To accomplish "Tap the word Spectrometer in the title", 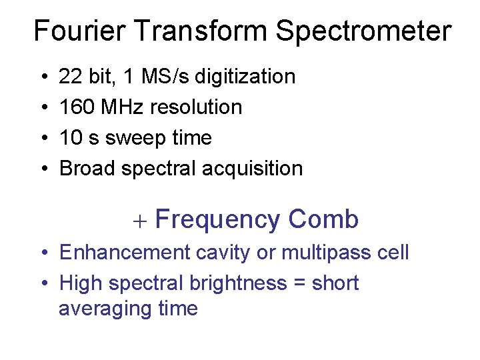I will tap(363, 31).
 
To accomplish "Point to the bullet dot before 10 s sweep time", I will tap(43, 139).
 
